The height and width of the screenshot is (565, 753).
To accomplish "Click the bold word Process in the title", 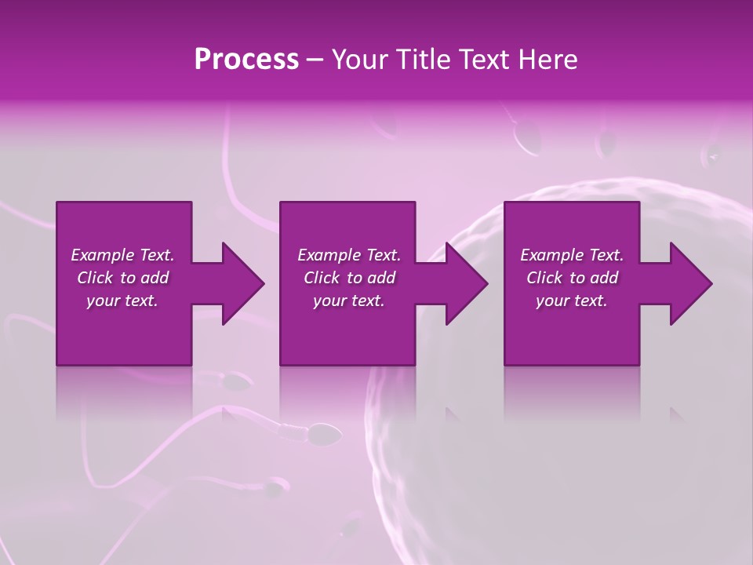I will click(x=246, y=59).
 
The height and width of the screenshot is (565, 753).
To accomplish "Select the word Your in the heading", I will click(x=361, y=59).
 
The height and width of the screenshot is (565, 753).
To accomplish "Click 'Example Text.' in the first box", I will click(x=122, y=255).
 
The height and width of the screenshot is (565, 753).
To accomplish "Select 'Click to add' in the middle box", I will click(x=349, y=278).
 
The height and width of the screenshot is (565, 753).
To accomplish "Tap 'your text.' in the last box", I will click(x=572, y=301).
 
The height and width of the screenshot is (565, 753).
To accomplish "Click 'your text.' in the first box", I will click(x=122, y=301).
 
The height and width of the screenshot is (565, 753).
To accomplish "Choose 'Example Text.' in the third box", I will click(x=572, y=255).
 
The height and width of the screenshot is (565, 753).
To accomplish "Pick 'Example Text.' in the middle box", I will click(x=349, y=255).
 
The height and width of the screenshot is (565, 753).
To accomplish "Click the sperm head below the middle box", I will click(x=326, y=431).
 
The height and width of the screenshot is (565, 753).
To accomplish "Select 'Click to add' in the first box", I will click(x=122, y=278).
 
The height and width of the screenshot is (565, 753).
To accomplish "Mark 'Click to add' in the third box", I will click(x=572, y=278).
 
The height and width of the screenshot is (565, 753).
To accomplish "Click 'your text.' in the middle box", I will click(x=349, y=301).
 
